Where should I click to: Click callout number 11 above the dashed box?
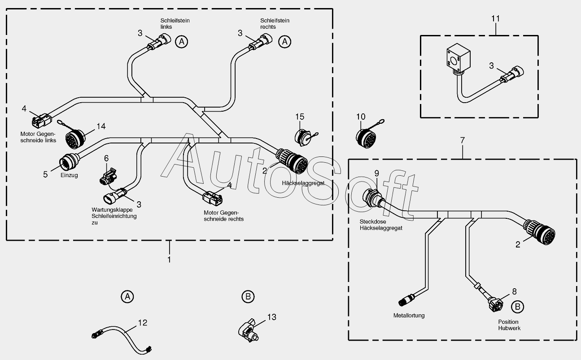pyautogui.click(x=495, y=19)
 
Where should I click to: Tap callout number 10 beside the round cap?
pyautogui.click(x=361, y=117)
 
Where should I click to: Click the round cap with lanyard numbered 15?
pyautogui.click(x=303, y=137)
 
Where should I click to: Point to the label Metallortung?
pyautogui.click(x=409, y=315)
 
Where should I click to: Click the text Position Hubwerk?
pyautogui.click(x=508, y=325)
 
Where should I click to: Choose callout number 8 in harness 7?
pyautogui.click(x=514, y=291)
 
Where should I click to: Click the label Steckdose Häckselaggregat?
pyautogui.click(x=380, y=225)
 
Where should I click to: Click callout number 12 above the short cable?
pyautogui.click(x=142, y=322)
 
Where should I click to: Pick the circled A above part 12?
pyautogui.click(x=127, y=296)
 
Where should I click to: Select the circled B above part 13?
pyautogui.click(x=248, y=296)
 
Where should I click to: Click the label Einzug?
pyautogui.click(x=69, y=175)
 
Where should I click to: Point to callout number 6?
pyautogui.click(x=106, y=158)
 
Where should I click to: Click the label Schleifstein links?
pyautogui.click(x=172, y=24)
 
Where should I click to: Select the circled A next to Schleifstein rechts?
pyautogui.click(x=284, y=42)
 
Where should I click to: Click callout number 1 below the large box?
pyautogui.click(x=169, y=260)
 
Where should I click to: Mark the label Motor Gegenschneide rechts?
pyautogui.click(x=223, y=216)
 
